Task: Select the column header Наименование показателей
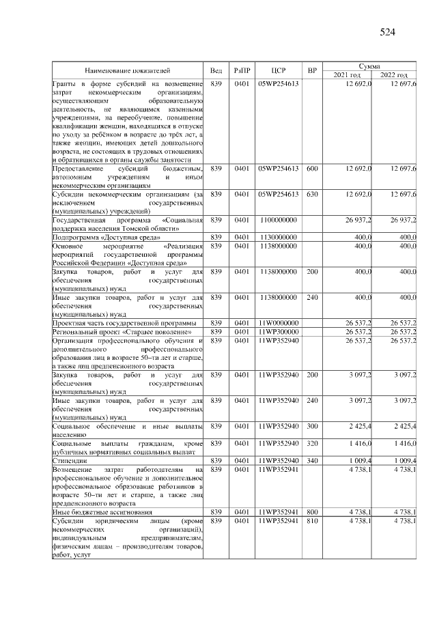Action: click(127, 70)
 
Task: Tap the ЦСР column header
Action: click(278, 70)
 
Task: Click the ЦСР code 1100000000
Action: click(278, 220)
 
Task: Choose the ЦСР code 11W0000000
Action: click(278, 322)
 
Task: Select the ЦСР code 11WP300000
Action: click(278, 331)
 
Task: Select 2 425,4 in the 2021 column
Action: click(357, 426)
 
